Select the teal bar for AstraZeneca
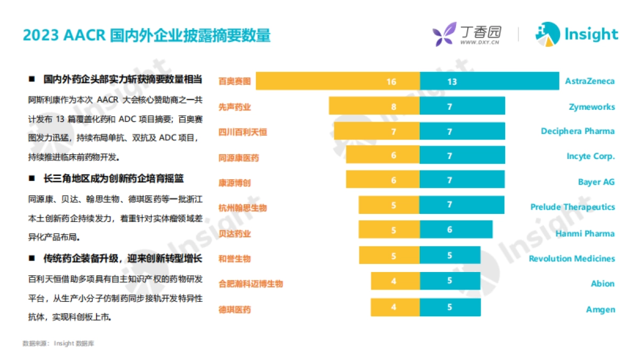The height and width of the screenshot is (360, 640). (x=489, y=82)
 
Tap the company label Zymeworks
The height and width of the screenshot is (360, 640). (x=591, y=107)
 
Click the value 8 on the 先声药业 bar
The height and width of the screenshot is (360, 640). (x=394, y=107)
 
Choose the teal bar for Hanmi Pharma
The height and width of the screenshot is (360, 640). (x=456, y=230)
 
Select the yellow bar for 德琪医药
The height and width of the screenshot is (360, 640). (x=395, y=308)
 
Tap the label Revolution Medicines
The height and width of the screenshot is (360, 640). (x=572, y=259)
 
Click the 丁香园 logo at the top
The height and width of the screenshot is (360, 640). (x=467, y=35)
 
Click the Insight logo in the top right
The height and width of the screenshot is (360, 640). (x=577, y=35)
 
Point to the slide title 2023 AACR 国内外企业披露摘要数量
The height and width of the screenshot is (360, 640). (x=147, y=35)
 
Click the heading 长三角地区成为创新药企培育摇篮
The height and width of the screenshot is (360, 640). (x=113, y=179)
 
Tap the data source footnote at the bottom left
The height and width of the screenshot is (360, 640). (x=58, y=343)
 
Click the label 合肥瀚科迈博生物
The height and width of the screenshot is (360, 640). (x=251, y=284)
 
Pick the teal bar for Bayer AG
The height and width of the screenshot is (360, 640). (x=462, y=180)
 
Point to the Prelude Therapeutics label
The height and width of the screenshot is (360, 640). (x=572, y=207)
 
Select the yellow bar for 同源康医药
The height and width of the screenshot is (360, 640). (x=382, y=155)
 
